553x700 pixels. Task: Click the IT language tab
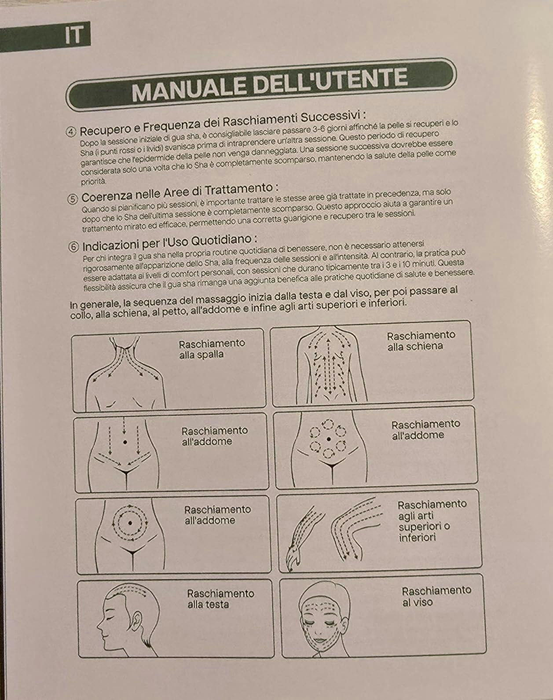pyautogui.click(x=73, y=35)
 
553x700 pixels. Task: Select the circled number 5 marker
pyautogui.click(x=73, y=199)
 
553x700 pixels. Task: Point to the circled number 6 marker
pyautogui.click(x=73, y=247)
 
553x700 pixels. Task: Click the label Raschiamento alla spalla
pyautogui.click(x=212, y=349)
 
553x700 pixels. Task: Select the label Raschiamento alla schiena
pyautogui.click(x=421, y=341)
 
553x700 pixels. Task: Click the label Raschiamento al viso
pyautogui.click(x=436, y=597)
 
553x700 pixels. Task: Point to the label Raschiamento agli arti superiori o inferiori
pyautogui.click(x=432, y=521)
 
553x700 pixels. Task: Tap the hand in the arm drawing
pyautogui.click(x=294, y=558)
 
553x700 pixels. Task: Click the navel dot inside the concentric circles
pyautogui.click(x=130, y=523)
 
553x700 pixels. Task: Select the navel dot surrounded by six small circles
pyautogui.click(x=329, y=439)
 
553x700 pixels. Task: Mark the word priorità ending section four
pyautogui.click(x=93, y=182)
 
